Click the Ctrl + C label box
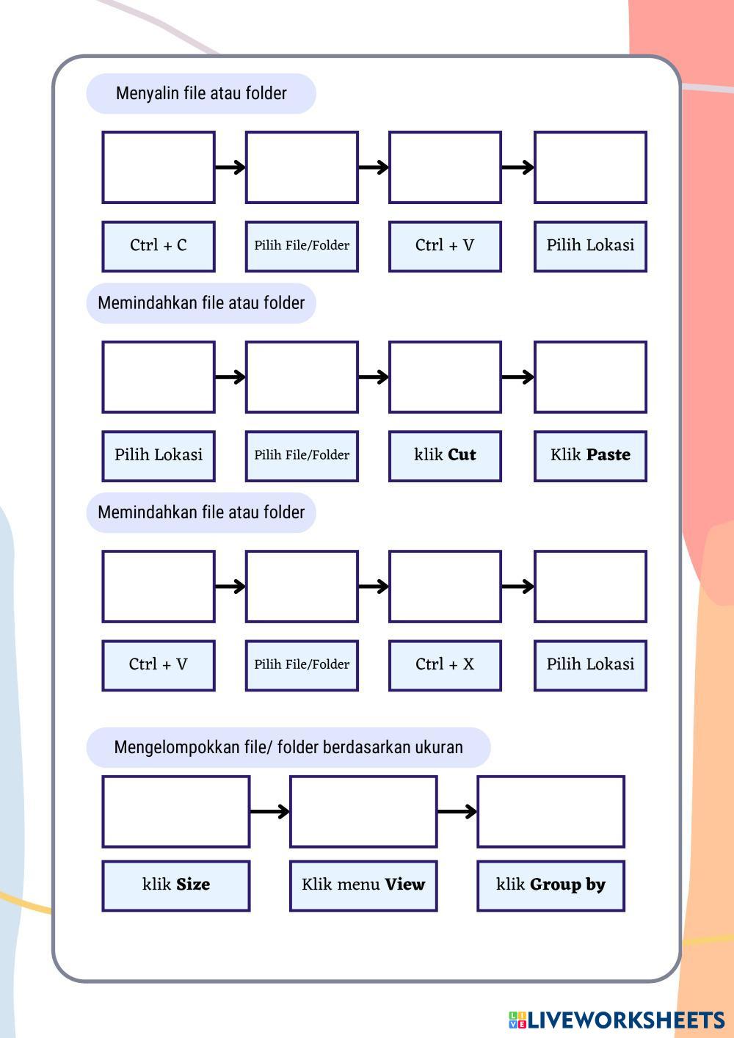159,246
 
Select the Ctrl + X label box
445,665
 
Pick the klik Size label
176,885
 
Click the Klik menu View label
363,885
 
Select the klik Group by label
550,885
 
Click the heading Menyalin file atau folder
201,93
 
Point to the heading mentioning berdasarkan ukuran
288,747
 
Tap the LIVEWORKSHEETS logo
617,1020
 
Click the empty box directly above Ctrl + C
159,167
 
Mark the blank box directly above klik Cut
445,377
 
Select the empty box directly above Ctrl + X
445,587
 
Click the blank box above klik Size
176,811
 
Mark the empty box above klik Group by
550,811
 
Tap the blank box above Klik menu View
363,811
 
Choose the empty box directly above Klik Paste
590,377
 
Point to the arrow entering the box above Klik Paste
517,377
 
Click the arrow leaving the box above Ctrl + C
230,167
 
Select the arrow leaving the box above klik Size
269,811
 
